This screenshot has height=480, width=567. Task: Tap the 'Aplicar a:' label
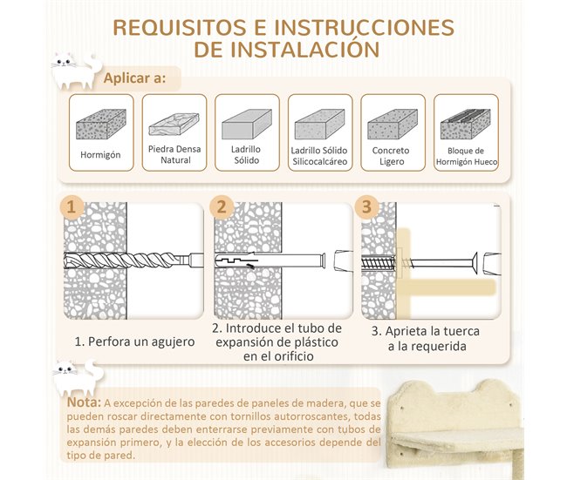(134, 78)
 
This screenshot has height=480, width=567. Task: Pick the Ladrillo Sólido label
(246, 155)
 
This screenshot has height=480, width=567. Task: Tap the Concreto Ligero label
(393, 155)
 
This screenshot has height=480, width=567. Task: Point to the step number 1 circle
(74, 207)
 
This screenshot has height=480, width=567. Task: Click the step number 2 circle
(221, 207)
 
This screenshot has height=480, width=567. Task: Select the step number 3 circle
(366, 207)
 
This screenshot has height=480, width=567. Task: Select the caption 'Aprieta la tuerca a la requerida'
(426, 339)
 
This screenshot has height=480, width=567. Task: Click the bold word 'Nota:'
(85, 402)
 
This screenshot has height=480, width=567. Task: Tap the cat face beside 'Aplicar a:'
(72, 69)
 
